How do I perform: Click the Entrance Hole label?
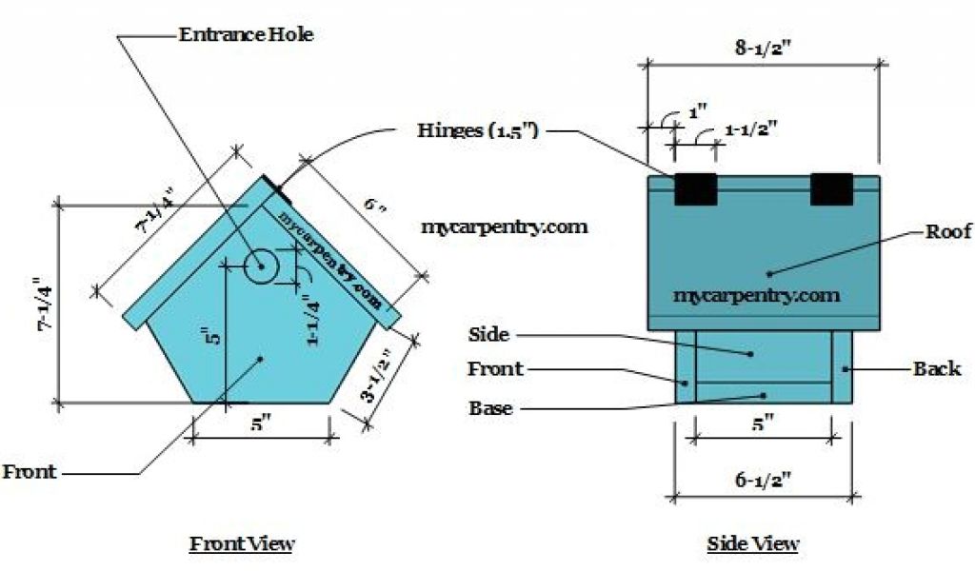click(x=246, y=35)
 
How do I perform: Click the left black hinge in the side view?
click(x=695, y=189)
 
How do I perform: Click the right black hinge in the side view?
click(x=831, y=189)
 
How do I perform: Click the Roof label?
click(x=947, y=231)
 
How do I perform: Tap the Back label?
click(x=937, y=368)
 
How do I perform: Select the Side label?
click(x=488, y=335)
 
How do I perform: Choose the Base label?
click(x=491, y=408)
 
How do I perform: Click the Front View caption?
click(x=242, y=544)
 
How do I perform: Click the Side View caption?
click(x=752, y=544)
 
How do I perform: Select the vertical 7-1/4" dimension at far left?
click(x=39, y=305)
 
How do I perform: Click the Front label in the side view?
click(x=495, y=368)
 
